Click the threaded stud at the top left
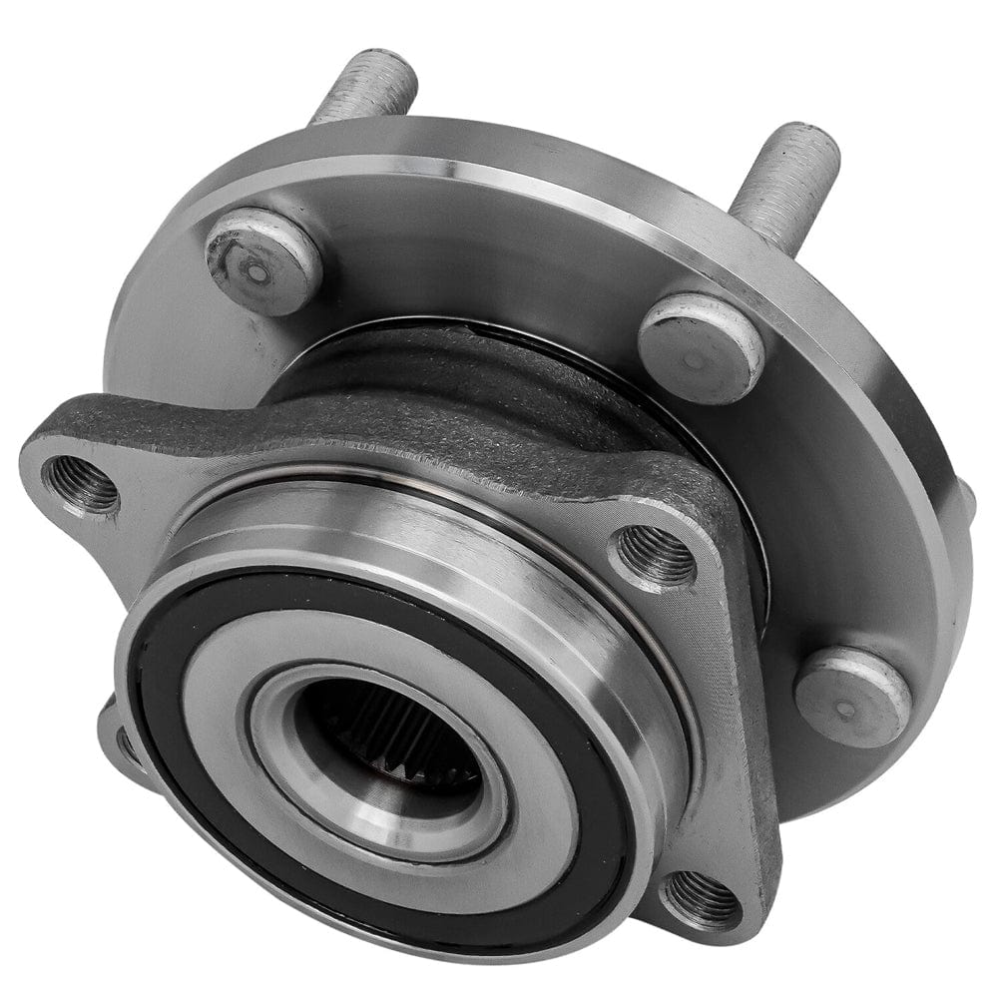click(x=365, y=90)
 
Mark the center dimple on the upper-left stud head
click(x=257, y=271)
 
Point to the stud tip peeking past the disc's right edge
click(x=966, y=499)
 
